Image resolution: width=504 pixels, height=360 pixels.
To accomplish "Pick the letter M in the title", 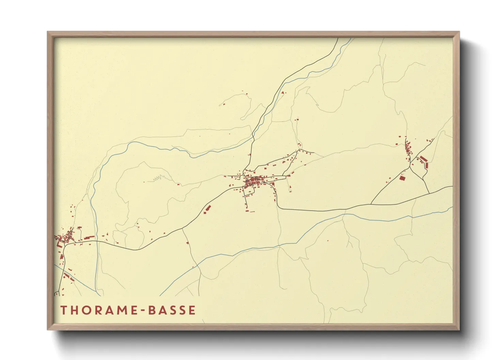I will tap(121, 310).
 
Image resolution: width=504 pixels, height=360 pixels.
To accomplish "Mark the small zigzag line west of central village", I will tap(158, 178).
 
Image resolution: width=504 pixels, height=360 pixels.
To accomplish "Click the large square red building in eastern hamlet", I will tap(402, 178).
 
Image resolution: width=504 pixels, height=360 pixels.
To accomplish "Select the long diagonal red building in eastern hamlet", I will tap(423, 159).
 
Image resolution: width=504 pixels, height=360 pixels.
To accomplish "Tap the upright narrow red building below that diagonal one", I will tap(426, 165).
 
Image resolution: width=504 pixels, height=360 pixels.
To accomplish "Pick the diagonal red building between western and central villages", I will tap(207, 209).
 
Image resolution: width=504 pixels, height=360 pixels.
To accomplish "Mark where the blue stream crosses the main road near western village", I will tap(96, 241).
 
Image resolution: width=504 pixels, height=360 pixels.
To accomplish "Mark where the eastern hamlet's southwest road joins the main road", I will tap(371, 204).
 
